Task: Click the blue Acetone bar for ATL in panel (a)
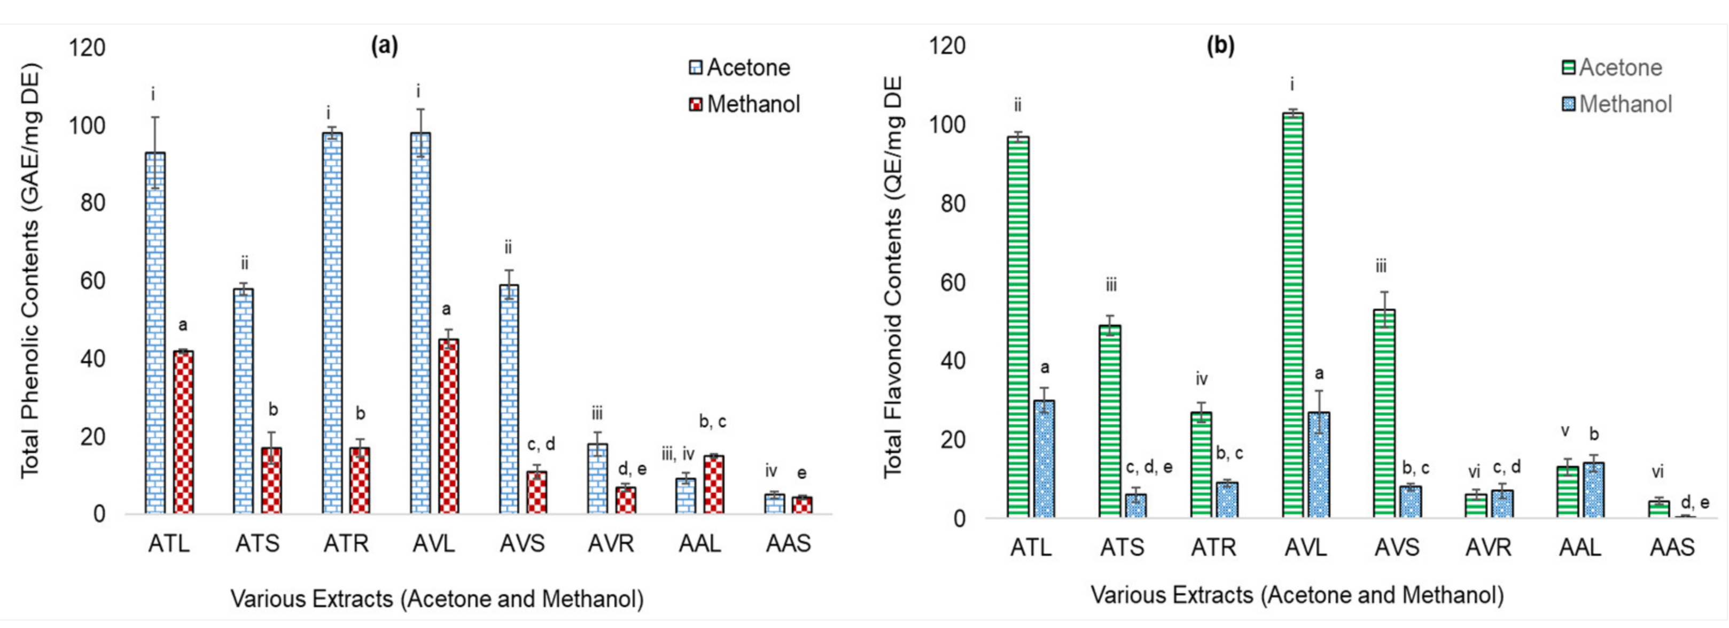(155, 336)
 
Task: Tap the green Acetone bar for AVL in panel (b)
(1292, 316)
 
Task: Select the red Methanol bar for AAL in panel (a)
(713, 485)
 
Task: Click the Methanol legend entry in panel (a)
(745, 104)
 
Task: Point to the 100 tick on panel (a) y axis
(87, 126)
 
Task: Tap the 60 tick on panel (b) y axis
(950, 282)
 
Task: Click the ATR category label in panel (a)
(346, 543)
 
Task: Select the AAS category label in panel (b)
(1672, 547)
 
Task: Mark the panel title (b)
(1220, 45)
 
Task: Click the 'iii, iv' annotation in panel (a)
(677, 455)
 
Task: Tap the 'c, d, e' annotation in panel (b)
(1149, 468)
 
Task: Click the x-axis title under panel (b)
(1297, 595)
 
